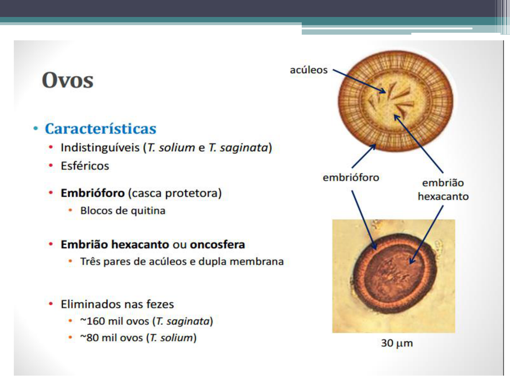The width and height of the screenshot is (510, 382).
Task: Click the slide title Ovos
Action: tap(68, 80)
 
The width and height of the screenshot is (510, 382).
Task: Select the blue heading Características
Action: tap(101, 129)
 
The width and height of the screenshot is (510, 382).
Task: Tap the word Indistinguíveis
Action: tap(100, 147)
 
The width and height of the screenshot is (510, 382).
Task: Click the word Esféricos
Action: tap(85, 166)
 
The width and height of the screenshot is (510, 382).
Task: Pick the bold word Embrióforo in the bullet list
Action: tap(93, 193)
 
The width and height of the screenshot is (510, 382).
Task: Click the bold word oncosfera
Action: tap(217, 244)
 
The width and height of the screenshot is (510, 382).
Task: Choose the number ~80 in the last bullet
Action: tap(89, 338)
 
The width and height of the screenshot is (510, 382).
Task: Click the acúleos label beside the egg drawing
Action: tap(308, 70)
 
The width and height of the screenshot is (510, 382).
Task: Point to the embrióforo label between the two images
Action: tap(351, 177)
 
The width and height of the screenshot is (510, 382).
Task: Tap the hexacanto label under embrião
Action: tap(443, 196)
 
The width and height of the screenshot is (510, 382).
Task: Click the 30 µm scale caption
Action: tap(397, 343)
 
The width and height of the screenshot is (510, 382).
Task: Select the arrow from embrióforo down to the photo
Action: tap(363, 220)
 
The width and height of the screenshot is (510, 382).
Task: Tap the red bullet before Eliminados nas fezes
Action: tap(51, 304)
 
